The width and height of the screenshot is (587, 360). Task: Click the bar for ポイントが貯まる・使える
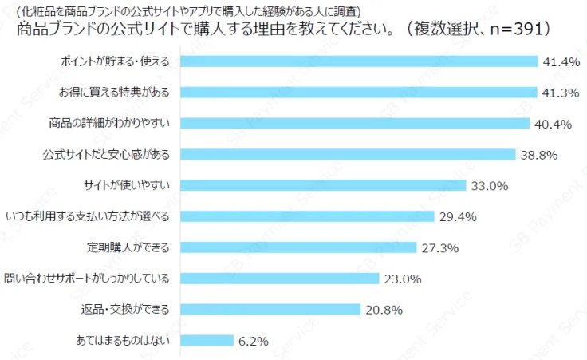click(359, 61)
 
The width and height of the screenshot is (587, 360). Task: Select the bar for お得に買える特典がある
click(359, 93)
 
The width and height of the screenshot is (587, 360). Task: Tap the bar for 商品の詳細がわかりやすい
click(355, 123)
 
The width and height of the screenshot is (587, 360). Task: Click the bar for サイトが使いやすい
click(323, 185)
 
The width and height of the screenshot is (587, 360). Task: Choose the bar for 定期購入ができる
click(299, 247)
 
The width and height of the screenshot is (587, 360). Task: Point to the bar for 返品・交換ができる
click(271, 309)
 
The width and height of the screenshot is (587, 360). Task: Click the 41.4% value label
click(560, 61)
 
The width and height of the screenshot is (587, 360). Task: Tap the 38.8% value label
click(538, 154)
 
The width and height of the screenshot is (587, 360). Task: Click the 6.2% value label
click(254, 341)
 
